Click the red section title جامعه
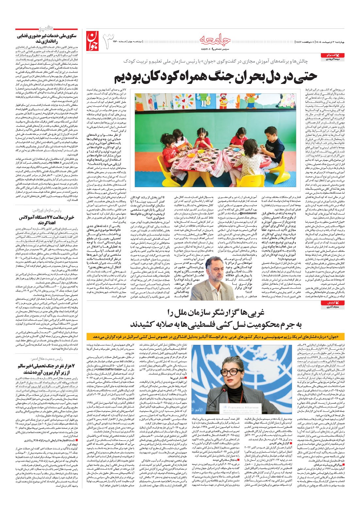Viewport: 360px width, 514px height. click(215, 40)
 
